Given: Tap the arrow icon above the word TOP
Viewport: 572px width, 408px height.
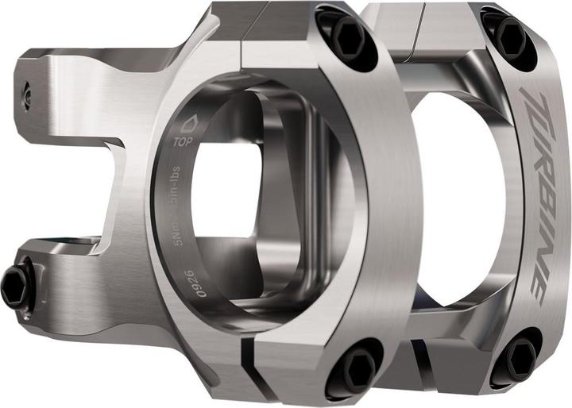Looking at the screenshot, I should point(189,125).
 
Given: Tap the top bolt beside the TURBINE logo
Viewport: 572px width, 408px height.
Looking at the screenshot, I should point(508,33).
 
